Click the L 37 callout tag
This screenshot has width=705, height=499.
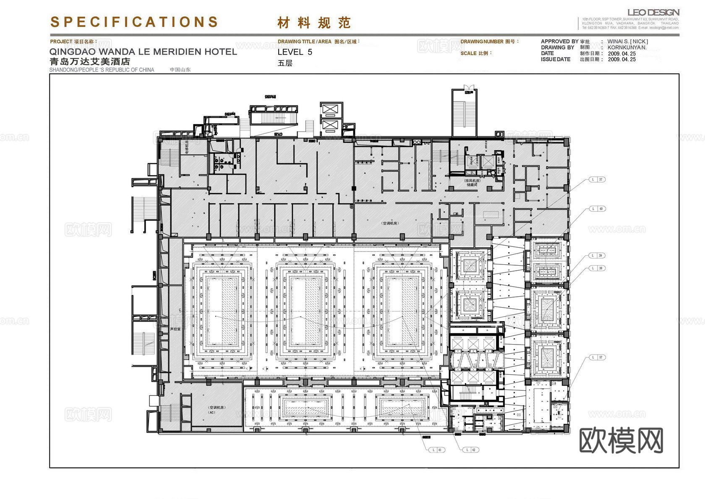point(597,180)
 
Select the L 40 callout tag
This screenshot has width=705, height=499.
point(597,209)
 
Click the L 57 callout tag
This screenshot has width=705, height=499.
point(597,357)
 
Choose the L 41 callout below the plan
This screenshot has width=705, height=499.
point(436,450)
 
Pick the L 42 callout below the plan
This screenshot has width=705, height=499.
point(470,450)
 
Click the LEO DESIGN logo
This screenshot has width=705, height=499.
point(653,13)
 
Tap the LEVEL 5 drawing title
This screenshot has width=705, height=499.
point(295,52)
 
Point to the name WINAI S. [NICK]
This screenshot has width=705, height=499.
point(627,42)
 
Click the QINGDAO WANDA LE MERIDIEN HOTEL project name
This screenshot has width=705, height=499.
point(143,52)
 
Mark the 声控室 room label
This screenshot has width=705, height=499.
point(175,329)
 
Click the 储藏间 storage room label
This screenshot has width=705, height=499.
point(472,185)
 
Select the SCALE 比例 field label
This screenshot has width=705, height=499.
point(475,53)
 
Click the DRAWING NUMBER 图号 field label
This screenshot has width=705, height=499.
point(489,42)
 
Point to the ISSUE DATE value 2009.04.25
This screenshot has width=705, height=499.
point(621,60)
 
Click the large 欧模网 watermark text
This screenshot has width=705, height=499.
point(621,440)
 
